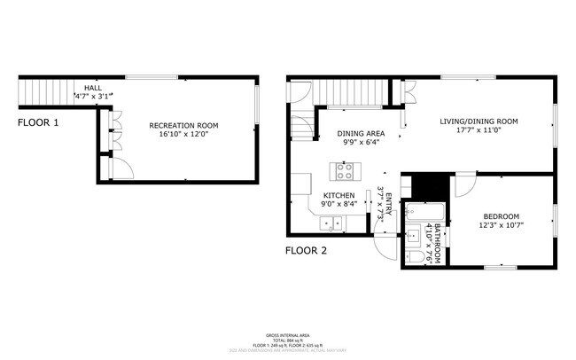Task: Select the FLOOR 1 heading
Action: (38, 122)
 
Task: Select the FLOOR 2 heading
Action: (306, 251)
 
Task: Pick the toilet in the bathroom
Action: (413, 256)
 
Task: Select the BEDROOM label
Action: (501, 216)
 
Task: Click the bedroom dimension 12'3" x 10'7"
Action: (501, 227)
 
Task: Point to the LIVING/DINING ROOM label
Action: (479, 121)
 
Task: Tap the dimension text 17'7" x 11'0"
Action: (479, 131)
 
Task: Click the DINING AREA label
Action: (361, 133)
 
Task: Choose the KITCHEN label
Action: (339, 195)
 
